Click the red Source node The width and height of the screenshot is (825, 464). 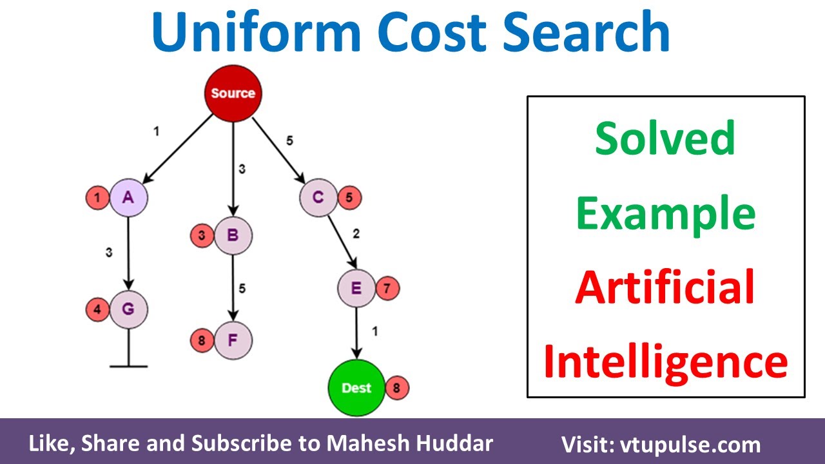(233, 93)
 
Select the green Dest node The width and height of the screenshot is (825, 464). (356, 387)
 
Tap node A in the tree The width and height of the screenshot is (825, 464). (128, 197)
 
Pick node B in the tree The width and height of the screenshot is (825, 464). (233, 236)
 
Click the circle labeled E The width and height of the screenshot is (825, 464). (356, 288)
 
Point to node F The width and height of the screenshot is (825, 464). (233, 340)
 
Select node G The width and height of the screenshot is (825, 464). (128, 310)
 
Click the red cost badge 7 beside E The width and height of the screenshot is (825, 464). (387, 289)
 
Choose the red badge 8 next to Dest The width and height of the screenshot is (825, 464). (397, 388)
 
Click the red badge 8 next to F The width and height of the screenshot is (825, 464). (202, 340)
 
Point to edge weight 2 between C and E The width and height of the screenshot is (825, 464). (356, 233)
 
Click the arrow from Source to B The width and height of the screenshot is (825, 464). (233, 168)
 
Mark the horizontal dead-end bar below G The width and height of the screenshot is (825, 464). (128, 366)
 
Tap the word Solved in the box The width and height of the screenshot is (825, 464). (665, 138)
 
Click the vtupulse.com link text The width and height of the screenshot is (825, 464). (689, 445)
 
